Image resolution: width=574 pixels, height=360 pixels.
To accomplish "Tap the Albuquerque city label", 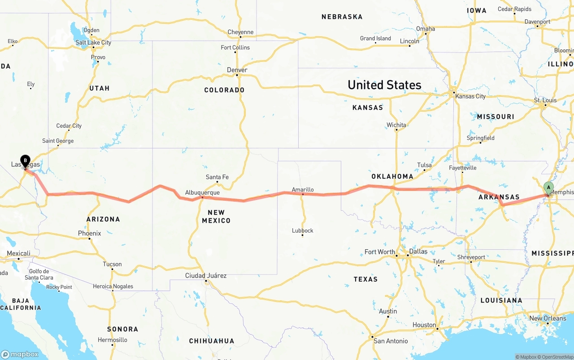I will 202,192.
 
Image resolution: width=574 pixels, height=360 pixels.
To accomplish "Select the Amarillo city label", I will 303,190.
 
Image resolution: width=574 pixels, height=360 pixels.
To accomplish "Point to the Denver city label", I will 237,70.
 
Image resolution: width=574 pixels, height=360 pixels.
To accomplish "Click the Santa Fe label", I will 217,177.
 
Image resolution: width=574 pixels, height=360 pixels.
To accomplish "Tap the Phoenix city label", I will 89,233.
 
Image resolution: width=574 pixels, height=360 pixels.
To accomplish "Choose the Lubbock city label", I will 302,230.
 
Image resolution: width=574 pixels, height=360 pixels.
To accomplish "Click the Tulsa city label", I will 424,165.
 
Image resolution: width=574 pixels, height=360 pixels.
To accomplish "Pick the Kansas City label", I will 470,96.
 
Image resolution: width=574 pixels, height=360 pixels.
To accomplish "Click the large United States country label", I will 384,85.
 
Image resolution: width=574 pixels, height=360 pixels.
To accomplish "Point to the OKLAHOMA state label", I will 392,176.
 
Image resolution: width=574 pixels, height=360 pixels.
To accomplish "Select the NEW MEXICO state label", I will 216,216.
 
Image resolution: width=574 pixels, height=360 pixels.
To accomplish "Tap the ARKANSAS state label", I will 499,197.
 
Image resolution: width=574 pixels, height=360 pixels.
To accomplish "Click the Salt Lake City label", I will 93,43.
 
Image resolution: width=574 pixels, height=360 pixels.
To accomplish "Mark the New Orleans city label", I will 548,318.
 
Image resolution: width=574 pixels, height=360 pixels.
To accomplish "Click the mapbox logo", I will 20,354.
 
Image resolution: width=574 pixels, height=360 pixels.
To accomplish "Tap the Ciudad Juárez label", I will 206,275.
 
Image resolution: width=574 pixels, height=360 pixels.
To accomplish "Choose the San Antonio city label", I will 391,341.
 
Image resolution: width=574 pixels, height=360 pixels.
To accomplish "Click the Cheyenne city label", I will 240,32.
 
